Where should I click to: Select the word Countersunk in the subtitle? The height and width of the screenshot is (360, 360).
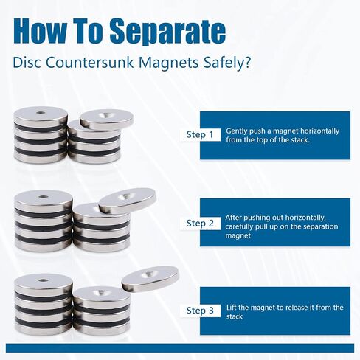[x=89, y=63]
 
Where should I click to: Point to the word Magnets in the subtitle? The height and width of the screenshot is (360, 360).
[x=168, y=63]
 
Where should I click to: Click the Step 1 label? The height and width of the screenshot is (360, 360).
[x=200, y=134]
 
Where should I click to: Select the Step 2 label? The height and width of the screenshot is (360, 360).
[x=200, y=224]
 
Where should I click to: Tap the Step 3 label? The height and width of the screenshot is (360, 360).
[x=200, y=311]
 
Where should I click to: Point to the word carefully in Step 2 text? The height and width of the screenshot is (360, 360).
[x=239, y=226]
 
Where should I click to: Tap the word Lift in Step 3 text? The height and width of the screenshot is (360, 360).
[x=232, y=308]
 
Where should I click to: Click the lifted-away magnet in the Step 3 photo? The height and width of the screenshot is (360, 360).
[x=150, y=279]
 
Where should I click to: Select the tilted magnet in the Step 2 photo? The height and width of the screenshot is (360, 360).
[x=128, y=201]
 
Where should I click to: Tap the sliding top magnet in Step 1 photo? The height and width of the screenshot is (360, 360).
[x=106, y=120]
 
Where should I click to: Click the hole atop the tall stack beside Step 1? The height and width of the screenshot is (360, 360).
[x=41, y=113]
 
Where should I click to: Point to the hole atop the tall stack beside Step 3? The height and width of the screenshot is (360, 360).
[x=43, y=280]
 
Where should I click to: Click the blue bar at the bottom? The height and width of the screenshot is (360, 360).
[x=180, y=348]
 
